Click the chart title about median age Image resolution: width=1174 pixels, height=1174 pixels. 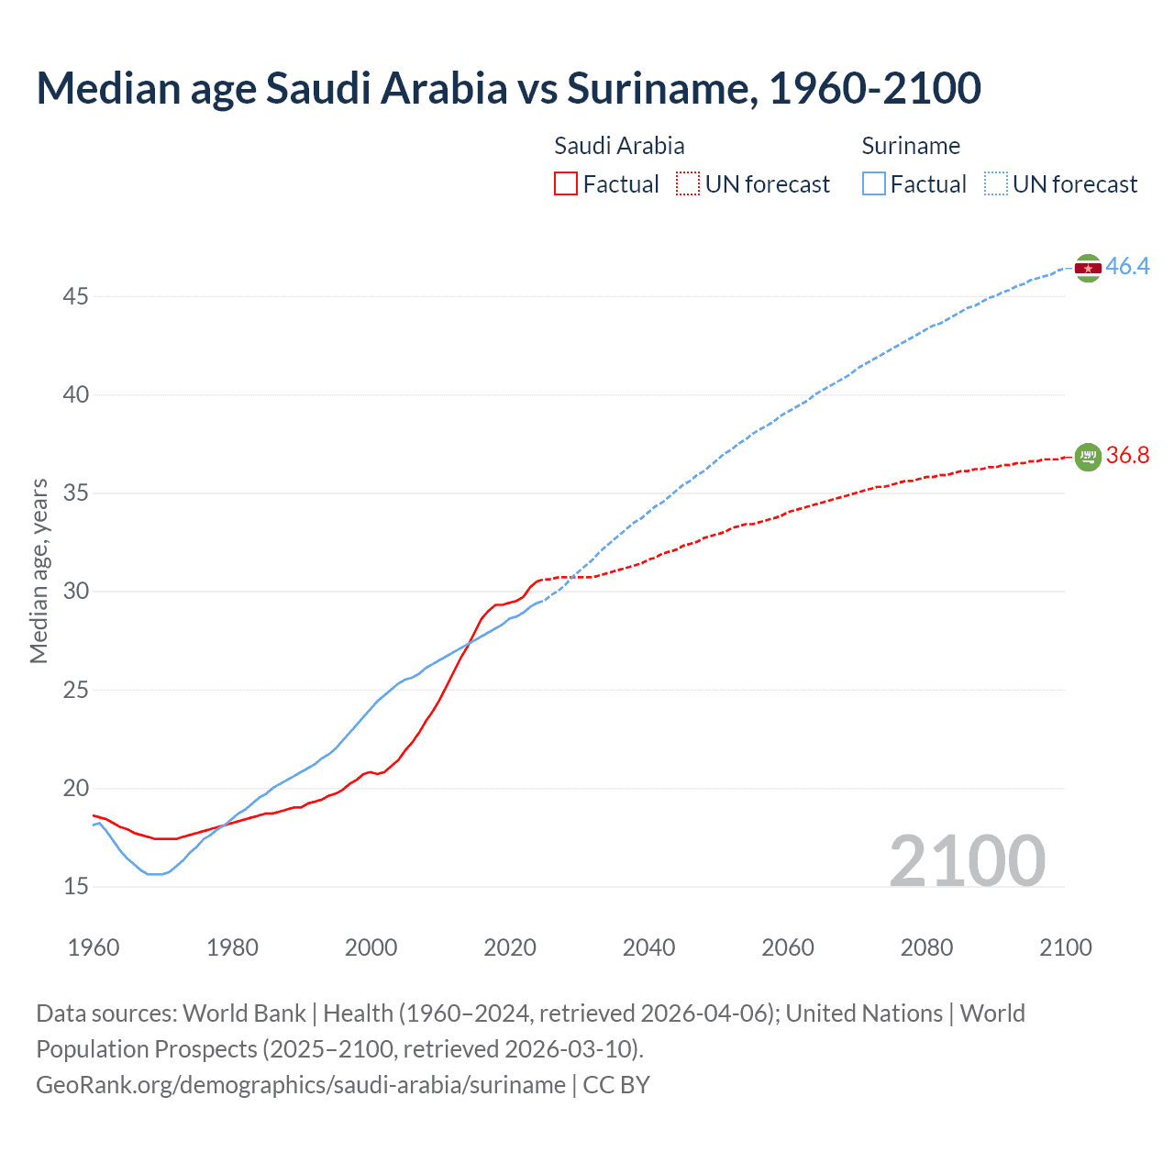click(x=508, y=88)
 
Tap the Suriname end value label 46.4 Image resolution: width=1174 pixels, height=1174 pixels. click(x=1127, y=267)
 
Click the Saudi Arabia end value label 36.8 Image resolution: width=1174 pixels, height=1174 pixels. click(x=1127, y=456)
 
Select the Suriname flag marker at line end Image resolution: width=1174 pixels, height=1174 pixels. click(x=1088, y=268)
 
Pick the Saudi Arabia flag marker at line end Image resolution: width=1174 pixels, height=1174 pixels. click(x=1088, y=456)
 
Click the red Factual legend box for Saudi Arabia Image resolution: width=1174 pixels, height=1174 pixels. click(x=566, y=184)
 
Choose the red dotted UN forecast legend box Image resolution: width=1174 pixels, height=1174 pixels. click(x=688, y=184)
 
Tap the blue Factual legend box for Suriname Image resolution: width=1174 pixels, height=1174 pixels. click(x=874, y=184)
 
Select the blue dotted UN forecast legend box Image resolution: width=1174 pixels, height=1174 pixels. click(x=996, y=184)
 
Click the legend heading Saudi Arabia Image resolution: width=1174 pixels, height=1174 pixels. click(x=619, y=146)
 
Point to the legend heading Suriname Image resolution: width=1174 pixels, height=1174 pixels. click(x=911, y=146)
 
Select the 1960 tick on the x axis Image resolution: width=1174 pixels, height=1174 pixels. click(x=94, y=947)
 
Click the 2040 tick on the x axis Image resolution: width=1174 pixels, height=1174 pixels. click(x=648, y=947)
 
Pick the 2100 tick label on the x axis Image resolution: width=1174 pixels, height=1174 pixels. click(x=1065, y=947)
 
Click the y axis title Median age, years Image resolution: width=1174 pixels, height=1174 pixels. click(x=39, y=570)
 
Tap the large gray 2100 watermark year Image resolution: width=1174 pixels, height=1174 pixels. click(x=967, y=860)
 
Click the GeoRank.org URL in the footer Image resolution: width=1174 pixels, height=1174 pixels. click(x=301, y=1085)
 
